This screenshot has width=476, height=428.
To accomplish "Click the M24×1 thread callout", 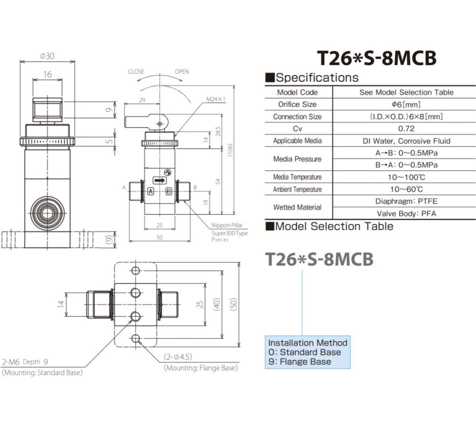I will [216, 99].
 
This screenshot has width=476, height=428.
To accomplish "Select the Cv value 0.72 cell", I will [406, 129].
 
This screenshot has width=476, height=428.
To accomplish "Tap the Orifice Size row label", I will [297, 104].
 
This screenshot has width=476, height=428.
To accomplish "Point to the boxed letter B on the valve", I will [169, 191].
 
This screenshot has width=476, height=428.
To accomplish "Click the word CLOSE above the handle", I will [136, 71].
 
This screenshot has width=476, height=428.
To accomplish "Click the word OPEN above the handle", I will [182, 71].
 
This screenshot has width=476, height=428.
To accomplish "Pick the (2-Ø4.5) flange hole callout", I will [178, 357].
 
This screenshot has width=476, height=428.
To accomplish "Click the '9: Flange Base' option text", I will [300, 362].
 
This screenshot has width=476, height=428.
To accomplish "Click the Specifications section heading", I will [317, 78].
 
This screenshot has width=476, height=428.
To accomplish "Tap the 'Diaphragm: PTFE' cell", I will [406, 201].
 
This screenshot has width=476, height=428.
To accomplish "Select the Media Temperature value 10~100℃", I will [406, 177].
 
